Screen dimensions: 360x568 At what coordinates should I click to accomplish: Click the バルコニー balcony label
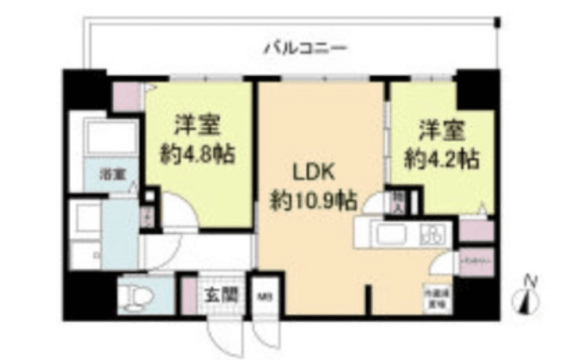305,49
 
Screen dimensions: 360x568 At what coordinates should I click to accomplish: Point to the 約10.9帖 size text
314,202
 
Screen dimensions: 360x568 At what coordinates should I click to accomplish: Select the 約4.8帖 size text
197,154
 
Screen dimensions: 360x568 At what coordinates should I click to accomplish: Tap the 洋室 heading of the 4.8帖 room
197,126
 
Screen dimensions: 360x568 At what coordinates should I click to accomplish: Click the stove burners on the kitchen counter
434,235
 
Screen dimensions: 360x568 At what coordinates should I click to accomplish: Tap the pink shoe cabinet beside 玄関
188,294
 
